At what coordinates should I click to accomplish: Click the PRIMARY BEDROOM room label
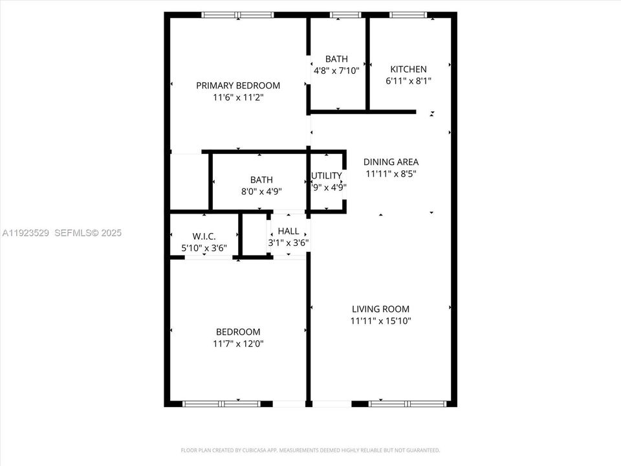click(x=238, y=85)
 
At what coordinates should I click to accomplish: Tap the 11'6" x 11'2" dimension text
click(x=238, y=98)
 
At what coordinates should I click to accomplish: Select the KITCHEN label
click(x=408, y=69)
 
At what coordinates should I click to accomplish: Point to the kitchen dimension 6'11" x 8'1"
click(x=408, y=82)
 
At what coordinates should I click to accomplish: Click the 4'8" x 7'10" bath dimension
click(x=336, y=71)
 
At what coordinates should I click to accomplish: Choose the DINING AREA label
click(x=391, y=162)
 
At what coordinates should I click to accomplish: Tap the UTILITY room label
click(x=327, y=176)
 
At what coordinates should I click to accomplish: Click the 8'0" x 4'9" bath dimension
click(x=262, y=192)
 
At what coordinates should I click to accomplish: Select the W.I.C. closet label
click(x=204, y=236)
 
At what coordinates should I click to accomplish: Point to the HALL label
click(x=289, y=231)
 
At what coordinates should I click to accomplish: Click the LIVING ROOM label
click(x=380, y=309)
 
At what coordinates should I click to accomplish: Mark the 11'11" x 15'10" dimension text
click(x=380, y=321)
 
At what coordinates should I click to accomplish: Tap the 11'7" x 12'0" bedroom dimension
click(x=238, y=344)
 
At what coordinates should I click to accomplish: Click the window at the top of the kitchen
click(x=408, y=15)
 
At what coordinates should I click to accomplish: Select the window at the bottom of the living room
click(x=408, y=404)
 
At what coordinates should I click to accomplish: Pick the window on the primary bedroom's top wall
click(x=238, y=15)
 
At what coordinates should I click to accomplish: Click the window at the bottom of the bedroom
click(x=222, y=404)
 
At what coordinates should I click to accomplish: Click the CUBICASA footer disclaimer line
click(x=310, y=450)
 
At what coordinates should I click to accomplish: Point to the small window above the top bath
click(x=345, y=15)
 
